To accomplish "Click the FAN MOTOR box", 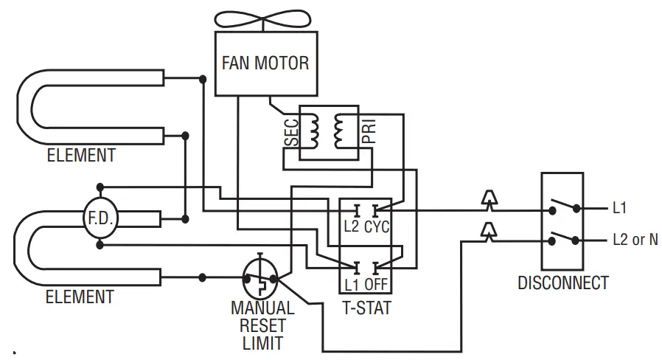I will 265,63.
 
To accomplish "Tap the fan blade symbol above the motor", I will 265,20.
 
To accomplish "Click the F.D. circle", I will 100,219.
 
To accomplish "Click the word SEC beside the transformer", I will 292,131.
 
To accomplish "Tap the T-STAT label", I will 366,308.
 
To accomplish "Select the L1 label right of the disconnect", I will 621,209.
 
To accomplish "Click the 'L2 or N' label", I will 635,240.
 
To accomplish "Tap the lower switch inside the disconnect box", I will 563,238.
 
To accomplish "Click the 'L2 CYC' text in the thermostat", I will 366,226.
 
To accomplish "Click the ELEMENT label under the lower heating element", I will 80,297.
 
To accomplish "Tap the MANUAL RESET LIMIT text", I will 262,325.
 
